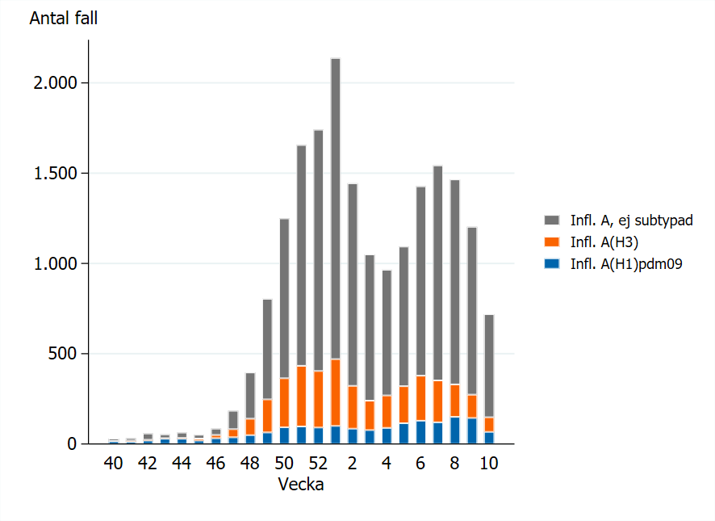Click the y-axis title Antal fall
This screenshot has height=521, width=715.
coord(64,18)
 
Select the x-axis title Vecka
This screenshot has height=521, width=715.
coord(301,485)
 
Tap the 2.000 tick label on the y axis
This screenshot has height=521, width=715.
coord(51,83)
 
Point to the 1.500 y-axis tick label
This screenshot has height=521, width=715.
coord(51,174)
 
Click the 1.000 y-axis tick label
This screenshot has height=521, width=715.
coord(51,264)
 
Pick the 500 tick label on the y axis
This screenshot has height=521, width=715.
coord(60,354)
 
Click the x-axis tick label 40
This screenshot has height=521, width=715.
coord(113,464)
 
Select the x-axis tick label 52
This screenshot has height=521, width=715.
coord(318,464)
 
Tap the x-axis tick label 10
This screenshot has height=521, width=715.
coord(488,464)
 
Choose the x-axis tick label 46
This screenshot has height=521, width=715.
coord(215,464)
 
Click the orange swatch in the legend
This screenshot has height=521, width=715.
coord(552,241)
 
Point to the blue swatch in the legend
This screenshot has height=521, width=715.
coord(552,263)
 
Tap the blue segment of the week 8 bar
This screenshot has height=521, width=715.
coord(454,431)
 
